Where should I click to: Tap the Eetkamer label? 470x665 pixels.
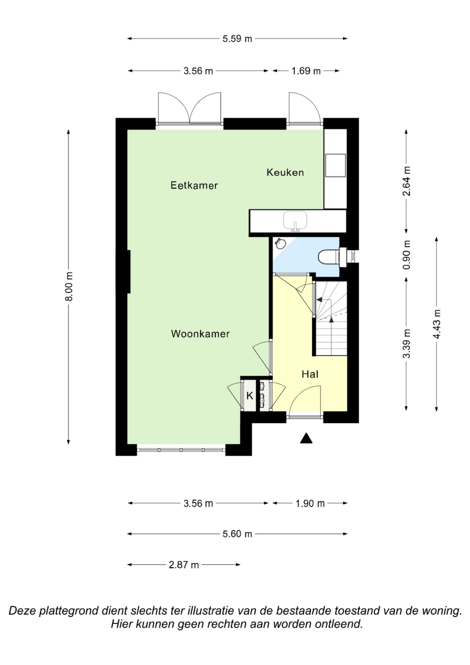tap(194, 185)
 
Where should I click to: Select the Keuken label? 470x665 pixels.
tap(285, 173)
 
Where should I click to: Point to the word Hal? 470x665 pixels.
tap(310, 374)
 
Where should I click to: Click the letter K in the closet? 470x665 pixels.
tap(250, 396)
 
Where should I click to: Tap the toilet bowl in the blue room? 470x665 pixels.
tap(329, 257)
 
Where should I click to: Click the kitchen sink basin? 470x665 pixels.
tap(295, 220)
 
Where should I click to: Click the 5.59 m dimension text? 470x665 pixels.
tap(237, 39)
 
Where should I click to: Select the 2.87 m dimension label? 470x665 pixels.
tap(184, 565)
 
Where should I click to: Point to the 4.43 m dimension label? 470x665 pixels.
tap(437, 324)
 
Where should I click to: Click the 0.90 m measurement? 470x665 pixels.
tap(407, 255)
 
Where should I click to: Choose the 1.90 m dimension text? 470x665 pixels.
tap(310, 504)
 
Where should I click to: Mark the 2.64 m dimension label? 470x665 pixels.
tap(407, 181)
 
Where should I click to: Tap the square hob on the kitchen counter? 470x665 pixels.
tap(335, 165)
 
